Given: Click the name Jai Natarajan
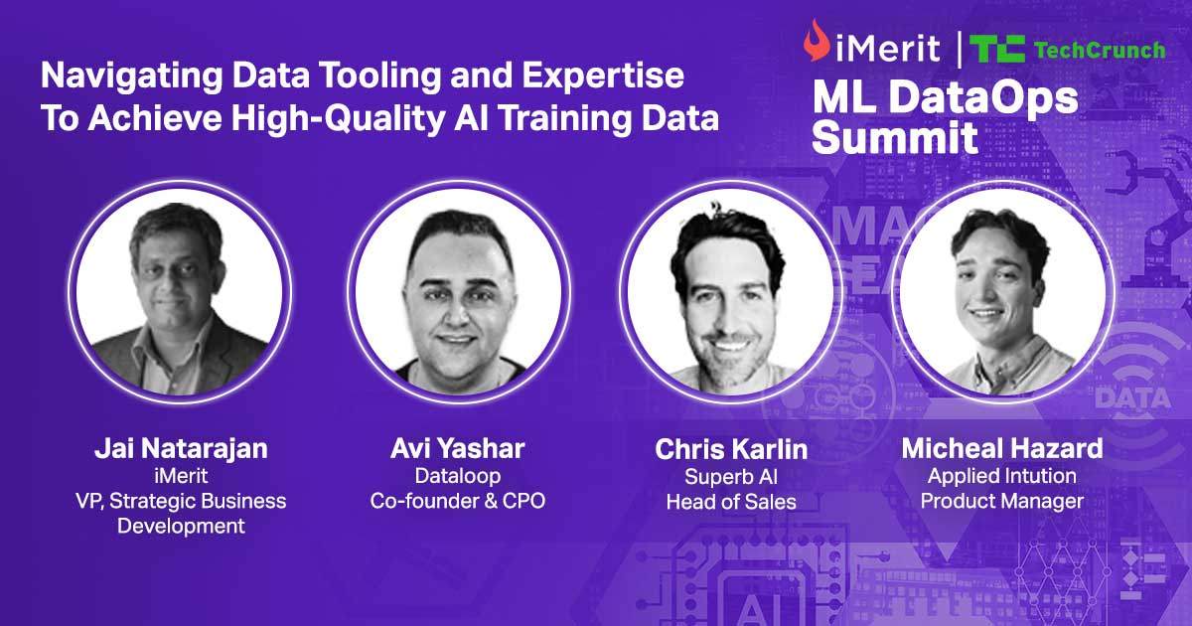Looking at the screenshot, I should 181,448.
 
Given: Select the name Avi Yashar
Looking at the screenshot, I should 458,448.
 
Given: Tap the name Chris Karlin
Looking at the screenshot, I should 731,449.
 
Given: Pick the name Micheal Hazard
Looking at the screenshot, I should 1002,448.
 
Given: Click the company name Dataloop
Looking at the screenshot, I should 458,476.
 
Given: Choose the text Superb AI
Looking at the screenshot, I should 731,477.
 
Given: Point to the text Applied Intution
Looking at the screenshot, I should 1001,476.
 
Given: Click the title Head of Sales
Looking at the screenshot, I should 731,502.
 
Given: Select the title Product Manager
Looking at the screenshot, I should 1001,501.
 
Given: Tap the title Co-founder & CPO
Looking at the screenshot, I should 458,501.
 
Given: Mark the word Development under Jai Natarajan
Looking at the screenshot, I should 181,526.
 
